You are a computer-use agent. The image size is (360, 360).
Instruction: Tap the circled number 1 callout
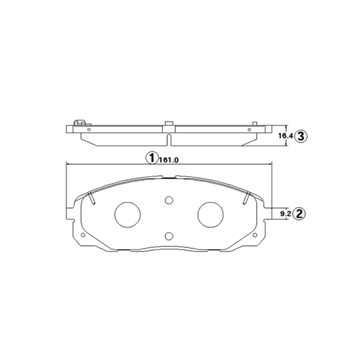152,158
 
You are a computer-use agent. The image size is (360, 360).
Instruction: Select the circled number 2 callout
300,212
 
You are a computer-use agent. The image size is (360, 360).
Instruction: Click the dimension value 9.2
286,213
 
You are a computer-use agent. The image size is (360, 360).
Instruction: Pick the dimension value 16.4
286,137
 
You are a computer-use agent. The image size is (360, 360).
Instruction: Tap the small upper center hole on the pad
169,200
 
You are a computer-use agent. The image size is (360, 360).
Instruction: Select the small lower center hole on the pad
169,235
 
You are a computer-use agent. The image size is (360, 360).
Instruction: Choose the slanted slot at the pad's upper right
246,198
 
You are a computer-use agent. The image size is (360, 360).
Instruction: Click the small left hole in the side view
89,129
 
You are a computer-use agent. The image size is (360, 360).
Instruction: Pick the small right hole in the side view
249,129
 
